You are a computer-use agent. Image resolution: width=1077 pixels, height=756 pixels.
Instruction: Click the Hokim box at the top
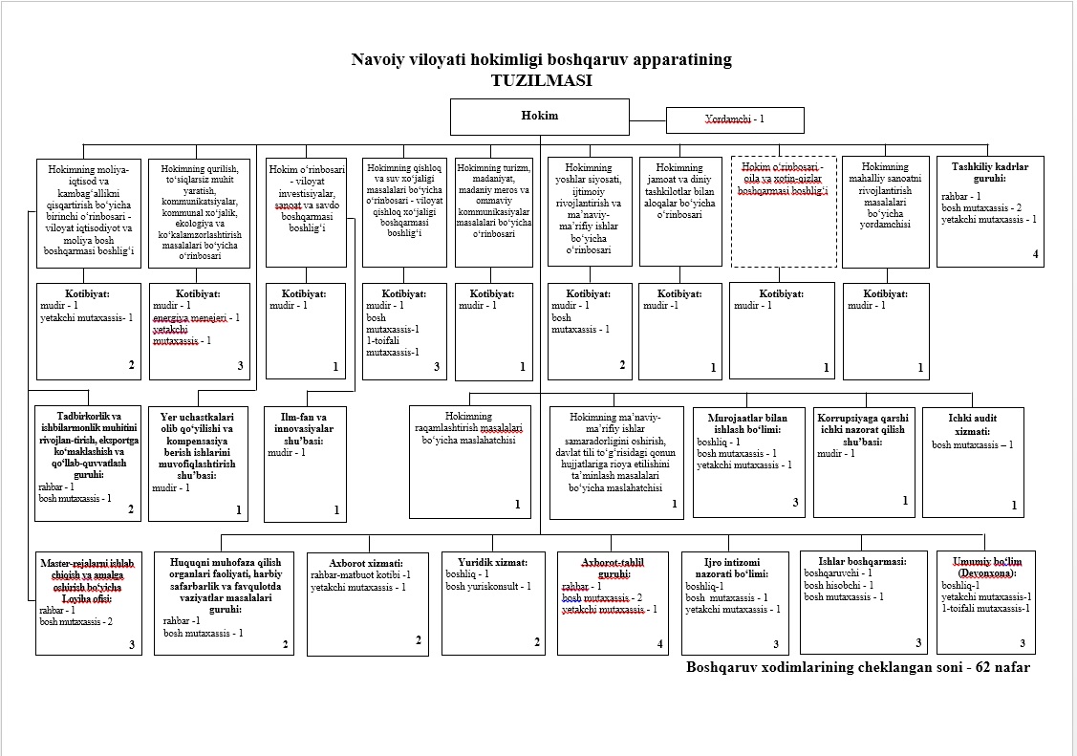coord(539,116)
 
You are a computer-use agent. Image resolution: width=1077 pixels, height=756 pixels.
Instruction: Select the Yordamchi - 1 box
coord(734,120)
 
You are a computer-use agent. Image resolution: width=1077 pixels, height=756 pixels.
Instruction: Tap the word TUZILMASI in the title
coord(541,80)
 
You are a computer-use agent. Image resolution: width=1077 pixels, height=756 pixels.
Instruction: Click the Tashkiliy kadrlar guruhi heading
coord(990,172)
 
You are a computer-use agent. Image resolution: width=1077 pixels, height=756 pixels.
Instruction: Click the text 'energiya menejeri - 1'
coord(196,317)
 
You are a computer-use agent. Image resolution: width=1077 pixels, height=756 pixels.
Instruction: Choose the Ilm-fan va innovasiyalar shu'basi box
coord(305,464)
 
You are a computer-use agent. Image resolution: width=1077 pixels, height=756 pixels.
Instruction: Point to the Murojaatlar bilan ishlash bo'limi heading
coord(747,424)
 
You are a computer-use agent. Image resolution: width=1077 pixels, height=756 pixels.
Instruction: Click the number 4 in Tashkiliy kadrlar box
coord(1035,254)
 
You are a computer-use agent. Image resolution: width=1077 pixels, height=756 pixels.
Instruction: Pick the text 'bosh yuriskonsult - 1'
coord(487,586)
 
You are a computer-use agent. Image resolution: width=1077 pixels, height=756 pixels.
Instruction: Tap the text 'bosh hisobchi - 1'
coord(838,585)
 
